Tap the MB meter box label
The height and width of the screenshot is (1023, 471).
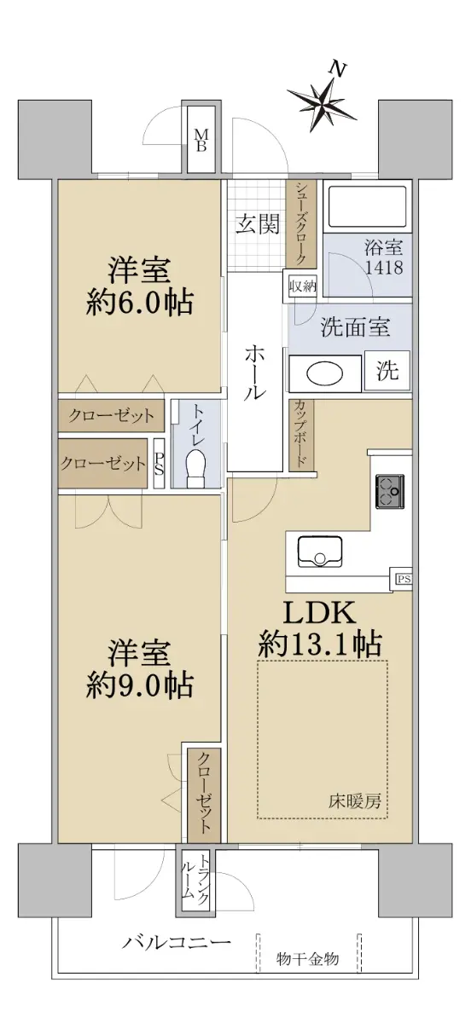point(201,140)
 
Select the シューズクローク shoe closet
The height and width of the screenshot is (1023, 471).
point(300,223)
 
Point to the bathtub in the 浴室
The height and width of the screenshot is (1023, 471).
point(369,207)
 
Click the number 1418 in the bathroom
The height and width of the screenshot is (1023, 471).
point(384,267)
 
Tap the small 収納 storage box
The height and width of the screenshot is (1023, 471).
point(302,287)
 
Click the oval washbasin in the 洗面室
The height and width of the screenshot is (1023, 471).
point(324,374)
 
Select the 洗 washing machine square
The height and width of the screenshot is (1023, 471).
point(387,371)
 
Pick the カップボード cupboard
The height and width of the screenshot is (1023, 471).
point(301,436)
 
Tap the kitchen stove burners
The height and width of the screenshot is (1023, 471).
point(390,491)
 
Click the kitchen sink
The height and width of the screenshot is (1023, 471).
point(320,552)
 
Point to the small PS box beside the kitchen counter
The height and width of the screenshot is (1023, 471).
point(403,580)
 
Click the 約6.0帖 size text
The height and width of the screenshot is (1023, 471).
point(139,303)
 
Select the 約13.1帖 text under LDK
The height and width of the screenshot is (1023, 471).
point(320,644)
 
